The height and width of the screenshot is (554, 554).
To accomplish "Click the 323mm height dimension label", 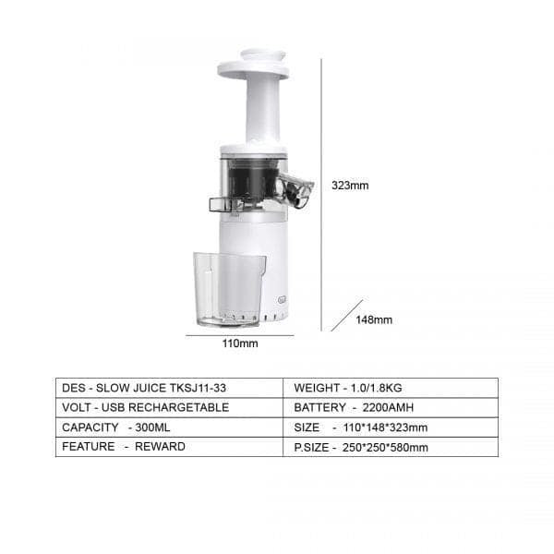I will [x=350, y=185].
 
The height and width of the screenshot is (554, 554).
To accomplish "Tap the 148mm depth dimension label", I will [x=374, y=319].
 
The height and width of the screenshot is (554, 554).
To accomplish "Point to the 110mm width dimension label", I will [x=239, y=343].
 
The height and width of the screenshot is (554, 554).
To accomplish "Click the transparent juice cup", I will [x=228, y=288].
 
